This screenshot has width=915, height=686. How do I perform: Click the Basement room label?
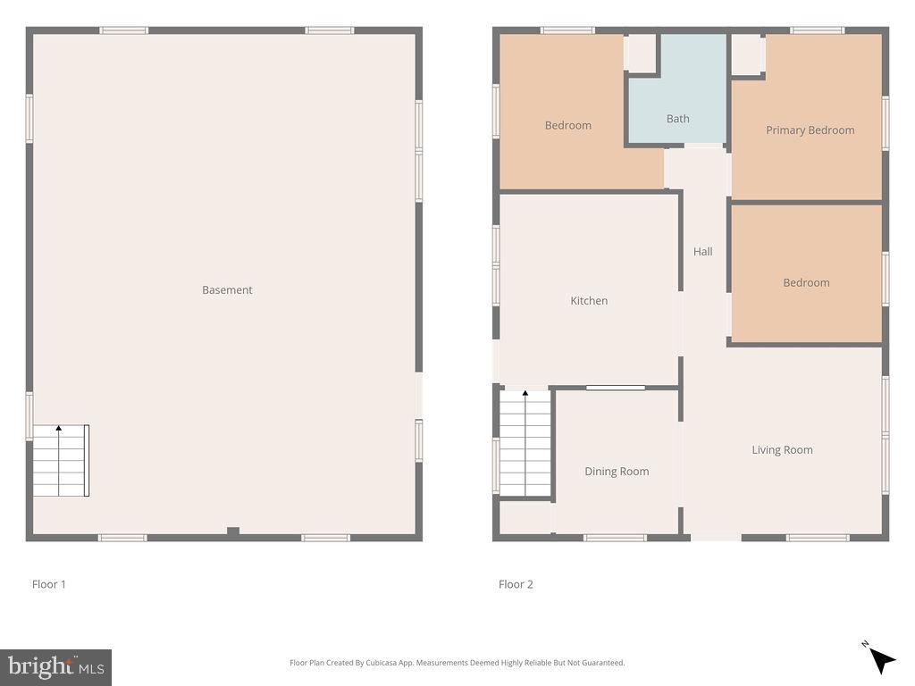tap(227, 290)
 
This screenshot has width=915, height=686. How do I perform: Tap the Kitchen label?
tap(589, 301)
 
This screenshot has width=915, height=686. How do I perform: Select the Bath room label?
tap(678, 119)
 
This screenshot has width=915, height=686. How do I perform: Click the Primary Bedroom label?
tap(810, 130)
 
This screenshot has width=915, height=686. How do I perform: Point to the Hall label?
tap(703, 252)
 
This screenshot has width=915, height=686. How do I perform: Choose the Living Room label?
tap(782, 450)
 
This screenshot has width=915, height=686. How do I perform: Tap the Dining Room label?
tap(617, 472)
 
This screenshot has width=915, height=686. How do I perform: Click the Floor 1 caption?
tap(49, 584)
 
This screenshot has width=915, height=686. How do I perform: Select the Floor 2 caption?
tap(516, 584)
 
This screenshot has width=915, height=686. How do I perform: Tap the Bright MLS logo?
tap(55, 667)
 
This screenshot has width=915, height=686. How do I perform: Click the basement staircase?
tap(61, 461)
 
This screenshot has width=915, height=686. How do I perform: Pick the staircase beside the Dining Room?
tap(525, 444)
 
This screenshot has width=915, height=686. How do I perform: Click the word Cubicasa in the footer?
tap(403, 663)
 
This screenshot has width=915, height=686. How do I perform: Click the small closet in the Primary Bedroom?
tap(747, 54)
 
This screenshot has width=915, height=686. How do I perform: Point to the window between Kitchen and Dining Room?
tap(616, 388)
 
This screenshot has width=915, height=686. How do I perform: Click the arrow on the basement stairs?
tap(59, 430)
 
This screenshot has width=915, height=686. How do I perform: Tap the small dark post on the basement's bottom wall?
tap(233, 531)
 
